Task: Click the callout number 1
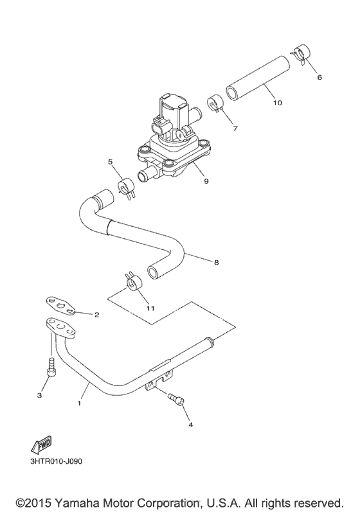point(79,404)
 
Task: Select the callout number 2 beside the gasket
point(96,315)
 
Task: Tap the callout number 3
point(39,395)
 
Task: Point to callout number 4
point(190,425)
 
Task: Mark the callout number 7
point(235,128)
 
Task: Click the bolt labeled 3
point(50,370)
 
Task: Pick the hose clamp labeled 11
point(134,281)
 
